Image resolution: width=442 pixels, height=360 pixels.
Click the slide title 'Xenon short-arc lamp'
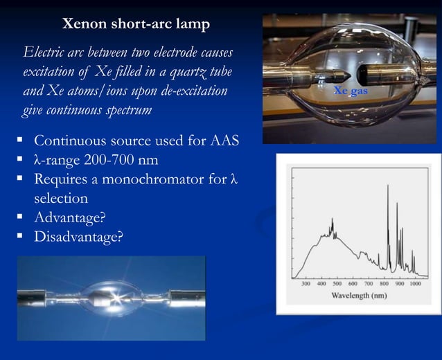[x=136, y=24]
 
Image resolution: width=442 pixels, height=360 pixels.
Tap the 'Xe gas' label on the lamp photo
[x=350, y=91]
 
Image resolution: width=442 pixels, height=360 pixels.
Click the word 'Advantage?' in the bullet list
[x=69, y=218]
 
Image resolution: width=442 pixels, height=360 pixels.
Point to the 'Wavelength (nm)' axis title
[x=358, y=296]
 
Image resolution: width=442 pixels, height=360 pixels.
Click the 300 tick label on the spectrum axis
[x=306, y=284]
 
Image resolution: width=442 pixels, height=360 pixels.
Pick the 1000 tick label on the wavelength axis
[x=415, y=284]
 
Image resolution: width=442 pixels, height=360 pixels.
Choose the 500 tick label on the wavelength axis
[x=337, y=284]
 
